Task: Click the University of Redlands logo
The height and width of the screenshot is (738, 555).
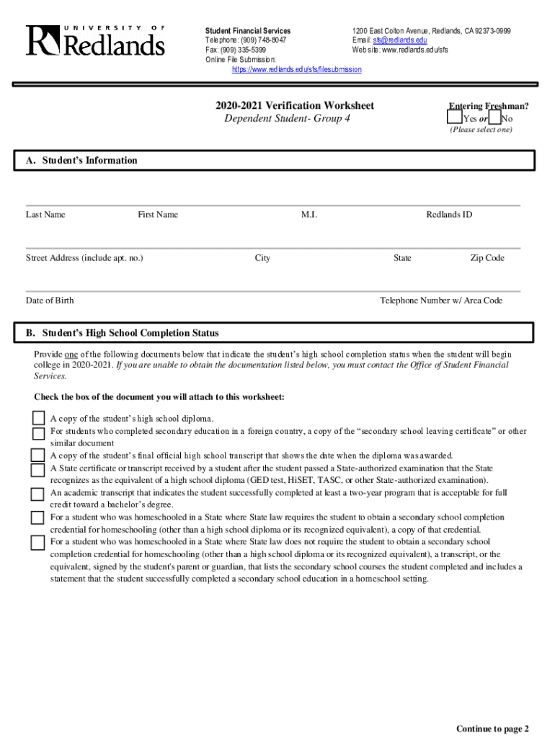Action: (96, 40)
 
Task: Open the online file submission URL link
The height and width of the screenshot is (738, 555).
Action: (296, 70)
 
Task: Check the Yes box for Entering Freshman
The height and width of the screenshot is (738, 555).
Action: (454, 117)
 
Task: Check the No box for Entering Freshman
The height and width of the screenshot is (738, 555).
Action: (494, 117)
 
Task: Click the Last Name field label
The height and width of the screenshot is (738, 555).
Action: (45, 214)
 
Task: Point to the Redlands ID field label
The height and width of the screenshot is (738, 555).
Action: (449, 214)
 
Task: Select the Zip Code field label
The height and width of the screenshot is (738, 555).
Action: (487, 257)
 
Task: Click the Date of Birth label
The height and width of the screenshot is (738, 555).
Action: (50, 301)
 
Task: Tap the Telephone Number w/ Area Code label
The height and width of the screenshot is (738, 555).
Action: (441, 301)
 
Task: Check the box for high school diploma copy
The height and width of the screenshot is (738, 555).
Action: (37, 418)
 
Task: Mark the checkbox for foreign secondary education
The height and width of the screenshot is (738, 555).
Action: (37, 432)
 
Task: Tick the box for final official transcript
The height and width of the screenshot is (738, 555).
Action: (37, 455)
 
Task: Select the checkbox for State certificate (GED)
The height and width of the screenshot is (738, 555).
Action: (37, 470)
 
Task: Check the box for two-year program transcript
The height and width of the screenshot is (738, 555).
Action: (37, 494)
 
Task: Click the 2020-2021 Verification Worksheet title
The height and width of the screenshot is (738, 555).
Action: (294, 105)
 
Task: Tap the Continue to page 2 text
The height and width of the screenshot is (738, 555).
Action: (492, 729)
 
